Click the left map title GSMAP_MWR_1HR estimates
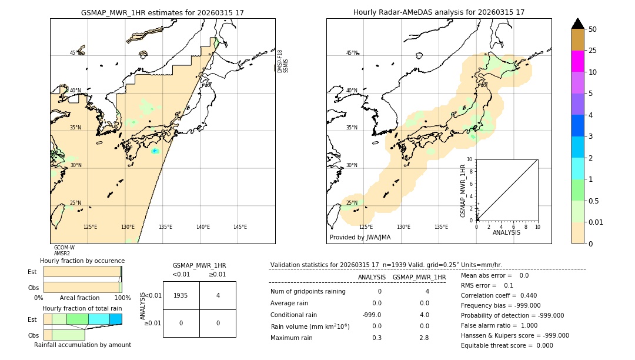tap(162, 12)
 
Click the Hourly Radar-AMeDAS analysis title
tap(439, 12)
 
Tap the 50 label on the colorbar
tap(593, 29)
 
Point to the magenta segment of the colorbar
tap(577, 61)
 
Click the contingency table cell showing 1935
tap(181, 295)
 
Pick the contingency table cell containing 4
tap(218, 295)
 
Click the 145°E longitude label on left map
tap(240, 227)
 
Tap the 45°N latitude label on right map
tap(352, 53)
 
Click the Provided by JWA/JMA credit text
tap(360, 237)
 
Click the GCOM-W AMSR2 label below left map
tap(64, 251)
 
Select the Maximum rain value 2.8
tap(423, 338)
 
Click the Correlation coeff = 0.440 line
tap(499, 295)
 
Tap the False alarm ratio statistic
tap(499, 325)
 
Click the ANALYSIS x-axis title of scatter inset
tap(506, 232)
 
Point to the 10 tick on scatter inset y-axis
tap(469, 159)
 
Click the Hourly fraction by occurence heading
tap(82, 261)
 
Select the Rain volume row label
tap(310, 326)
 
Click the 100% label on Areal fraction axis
tap(122, 298)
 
